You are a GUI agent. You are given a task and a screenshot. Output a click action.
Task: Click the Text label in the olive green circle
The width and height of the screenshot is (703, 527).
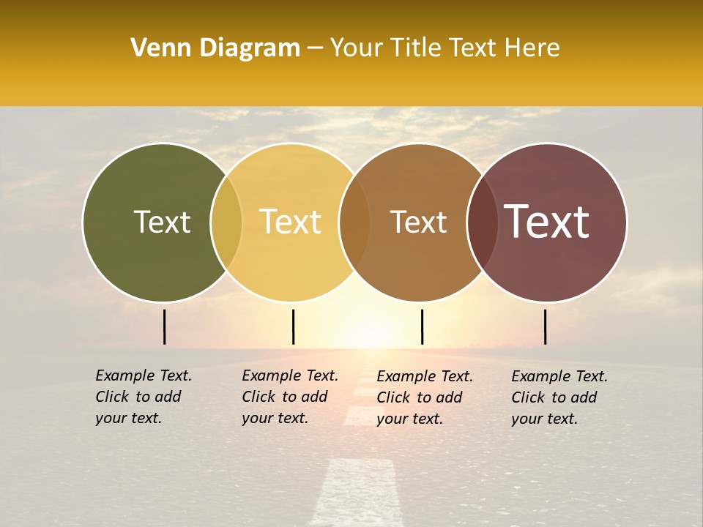[162, 222]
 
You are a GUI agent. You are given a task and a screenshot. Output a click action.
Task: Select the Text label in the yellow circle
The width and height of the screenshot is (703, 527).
[291, 222]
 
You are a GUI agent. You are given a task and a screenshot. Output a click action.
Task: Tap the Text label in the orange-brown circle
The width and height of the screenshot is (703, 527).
[418, 222]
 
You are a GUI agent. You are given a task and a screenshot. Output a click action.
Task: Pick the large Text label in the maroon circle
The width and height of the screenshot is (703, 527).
[547, 222]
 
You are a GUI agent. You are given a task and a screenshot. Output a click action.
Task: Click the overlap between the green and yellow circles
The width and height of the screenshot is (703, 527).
[226, 223]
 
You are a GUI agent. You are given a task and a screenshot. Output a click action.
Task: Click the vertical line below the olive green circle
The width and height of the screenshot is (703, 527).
[165, 326]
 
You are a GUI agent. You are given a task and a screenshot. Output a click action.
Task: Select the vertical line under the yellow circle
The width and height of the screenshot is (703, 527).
[293, 326]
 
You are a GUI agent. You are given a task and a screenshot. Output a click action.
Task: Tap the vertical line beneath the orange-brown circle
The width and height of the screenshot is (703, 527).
[423, 326]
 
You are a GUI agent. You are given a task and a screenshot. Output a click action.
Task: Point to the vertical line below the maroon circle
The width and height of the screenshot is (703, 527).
[546, 326]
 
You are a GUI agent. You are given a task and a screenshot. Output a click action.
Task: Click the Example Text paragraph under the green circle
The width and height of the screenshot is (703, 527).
[143, 397]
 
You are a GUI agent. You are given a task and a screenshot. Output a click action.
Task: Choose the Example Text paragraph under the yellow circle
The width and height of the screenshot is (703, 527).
[289, 397]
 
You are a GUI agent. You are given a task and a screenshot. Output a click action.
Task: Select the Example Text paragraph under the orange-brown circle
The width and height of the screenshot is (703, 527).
[424, 397]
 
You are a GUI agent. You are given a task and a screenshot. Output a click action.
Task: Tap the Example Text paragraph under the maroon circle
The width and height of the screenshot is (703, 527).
[559, 397]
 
